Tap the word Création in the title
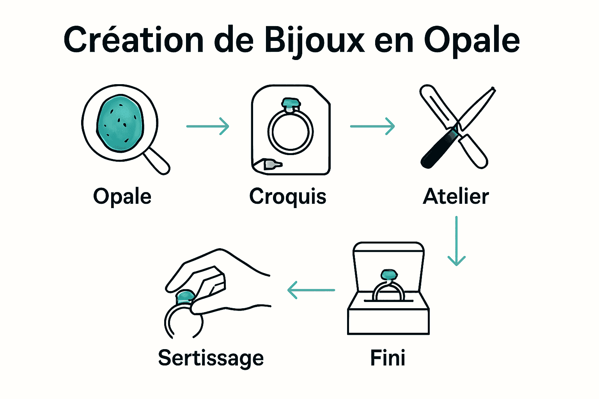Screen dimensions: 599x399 pyautogui.click(x=133, y=39)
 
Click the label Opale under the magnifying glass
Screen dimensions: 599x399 pyautogui.click(x=122, y=197)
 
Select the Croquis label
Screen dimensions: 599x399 pyautogui.click(x=288, y=197)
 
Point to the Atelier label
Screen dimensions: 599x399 pyautogui.click(x=455, y=196)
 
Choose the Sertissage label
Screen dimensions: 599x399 pyautogui.click(x=211, y=358)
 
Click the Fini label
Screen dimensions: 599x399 pyautogui.click(x=388, y=357)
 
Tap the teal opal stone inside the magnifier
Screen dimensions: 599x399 pyautogui.click(x=120, y=124)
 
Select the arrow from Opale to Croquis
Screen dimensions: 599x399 pyautogui.click(x=208, y=126)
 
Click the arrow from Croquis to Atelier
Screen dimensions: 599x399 pyautogui.click(x=372, y=126)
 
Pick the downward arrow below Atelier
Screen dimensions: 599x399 pyautogui.click(x=457, y=241)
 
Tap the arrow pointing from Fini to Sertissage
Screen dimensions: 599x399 pyautogui.click(x=311, y=290)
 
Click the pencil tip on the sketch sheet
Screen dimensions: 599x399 pyautogui.click(x=273, y=164)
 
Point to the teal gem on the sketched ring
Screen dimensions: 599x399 pyautogui.click(x=291, y=102)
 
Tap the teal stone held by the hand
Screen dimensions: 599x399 pyautogui.click(x=185, y=297)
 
